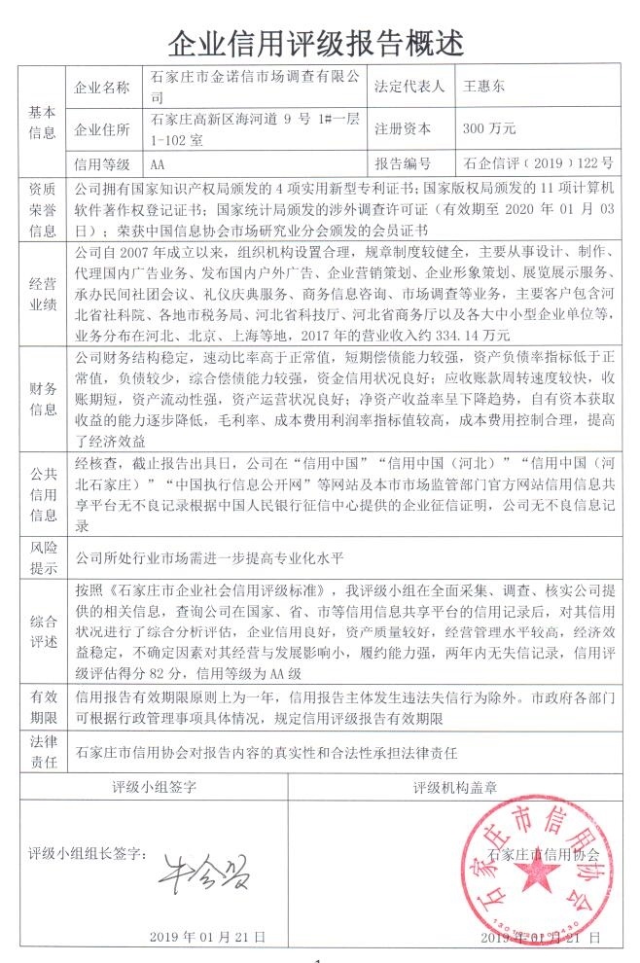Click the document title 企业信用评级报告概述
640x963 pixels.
[317, 42]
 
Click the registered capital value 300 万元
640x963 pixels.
[489, 128]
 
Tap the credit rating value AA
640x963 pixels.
[160, 162]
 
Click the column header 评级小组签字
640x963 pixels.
[156, 785]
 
